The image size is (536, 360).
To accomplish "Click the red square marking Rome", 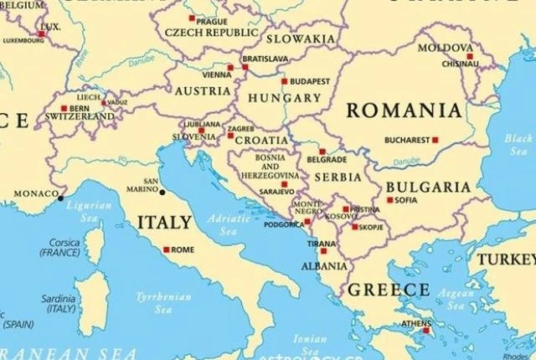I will (167, 249).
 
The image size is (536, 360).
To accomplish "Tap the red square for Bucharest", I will (435, 140).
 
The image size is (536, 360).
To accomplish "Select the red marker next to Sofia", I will (390, 200).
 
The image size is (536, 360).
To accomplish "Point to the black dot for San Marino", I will (162, 192).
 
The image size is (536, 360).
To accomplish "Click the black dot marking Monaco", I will (60, 198).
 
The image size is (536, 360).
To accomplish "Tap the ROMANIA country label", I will (404, 111).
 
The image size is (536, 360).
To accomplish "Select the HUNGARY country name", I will (285, 99).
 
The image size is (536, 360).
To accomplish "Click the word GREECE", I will (388, 290).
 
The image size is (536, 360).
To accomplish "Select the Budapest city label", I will (310, 82).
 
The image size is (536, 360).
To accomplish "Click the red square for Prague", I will (191, 18).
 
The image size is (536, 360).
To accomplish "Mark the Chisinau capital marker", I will (470, 57).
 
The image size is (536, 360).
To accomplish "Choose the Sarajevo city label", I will (276, 191).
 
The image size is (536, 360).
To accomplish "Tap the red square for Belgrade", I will (322, 152).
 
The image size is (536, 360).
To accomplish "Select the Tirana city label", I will (322, 243).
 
